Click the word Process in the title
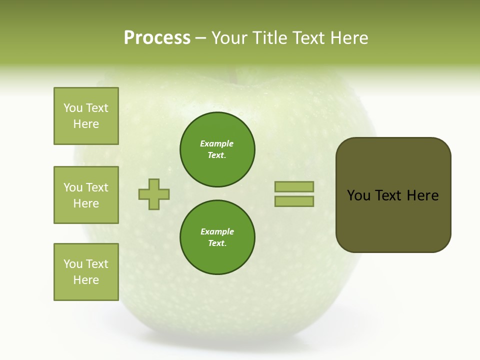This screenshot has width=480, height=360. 157,38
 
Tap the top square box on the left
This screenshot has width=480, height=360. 86,116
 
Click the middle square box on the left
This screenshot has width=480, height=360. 86,195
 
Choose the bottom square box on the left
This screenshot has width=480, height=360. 86,272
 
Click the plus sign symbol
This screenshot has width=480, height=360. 154,194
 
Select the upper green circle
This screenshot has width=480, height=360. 217,149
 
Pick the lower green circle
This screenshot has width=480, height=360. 217,237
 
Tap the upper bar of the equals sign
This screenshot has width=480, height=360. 294,186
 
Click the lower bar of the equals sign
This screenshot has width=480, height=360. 294,201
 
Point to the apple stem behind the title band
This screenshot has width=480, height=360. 232,74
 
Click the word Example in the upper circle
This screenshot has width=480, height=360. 217,144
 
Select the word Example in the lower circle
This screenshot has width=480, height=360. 217,232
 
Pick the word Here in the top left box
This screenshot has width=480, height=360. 86,124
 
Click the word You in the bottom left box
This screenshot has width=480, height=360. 73,264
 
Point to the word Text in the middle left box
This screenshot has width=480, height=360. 97,187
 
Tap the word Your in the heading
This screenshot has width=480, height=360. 230,38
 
